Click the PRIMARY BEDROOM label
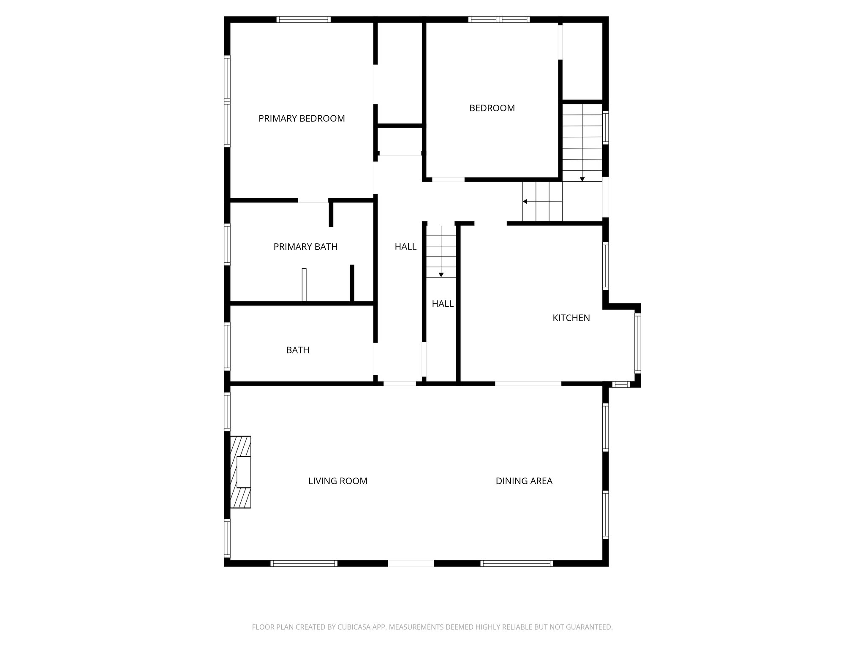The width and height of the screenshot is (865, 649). coord(302,119)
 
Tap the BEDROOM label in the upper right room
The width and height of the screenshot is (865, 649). coord(492,108)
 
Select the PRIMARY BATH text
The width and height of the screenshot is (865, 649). coord(305,247)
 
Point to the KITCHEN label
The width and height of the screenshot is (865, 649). coord(571,318)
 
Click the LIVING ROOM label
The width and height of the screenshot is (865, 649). coord(337,481)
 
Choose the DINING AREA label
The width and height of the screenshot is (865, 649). coord(524,481)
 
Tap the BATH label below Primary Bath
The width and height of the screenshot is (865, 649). coord(298,350)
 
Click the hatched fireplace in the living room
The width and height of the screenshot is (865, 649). coord(240,472)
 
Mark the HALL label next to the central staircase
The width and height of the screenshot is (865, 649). coord(405,247)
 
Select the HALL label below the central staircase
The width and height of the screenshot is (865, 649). coord(443,304)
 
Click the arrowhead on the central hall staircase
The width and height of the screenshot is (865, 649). coord(441,275)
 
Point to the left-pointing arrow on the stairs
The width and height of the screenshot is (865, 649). coord(525,202)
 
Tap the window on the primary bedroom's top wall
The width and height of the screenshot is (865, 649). coord(303,19)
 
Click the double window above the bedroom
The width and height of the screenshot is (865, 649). coord(499,19)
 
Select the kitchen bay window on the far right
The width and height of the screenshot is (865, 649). coord(638,343)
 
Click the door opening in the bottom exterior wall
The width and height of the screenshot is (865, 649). coord(411,563)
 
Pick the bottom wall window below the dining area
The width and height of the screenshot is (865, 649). coord(517,563)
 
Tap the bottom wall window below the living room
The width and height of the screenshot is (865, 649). coord(304,563)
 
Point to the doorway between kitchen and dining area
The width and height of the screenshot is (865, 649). coord(528,384)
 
